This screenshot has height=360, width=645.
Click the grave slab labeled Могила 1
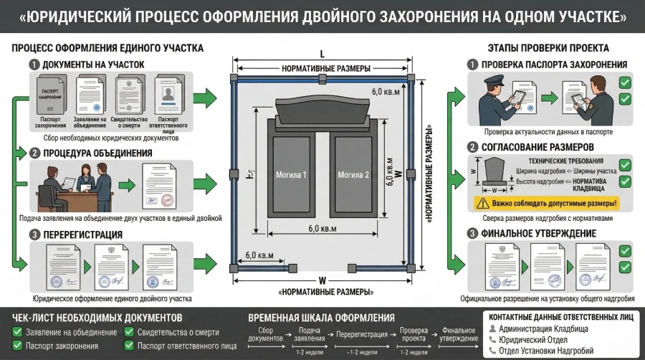pos(292,174)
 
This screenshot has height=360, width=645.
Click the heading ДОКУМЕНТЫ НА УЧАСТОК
pos(93,65)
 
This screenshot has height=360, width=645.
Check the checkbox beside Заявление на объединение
pos(17,332)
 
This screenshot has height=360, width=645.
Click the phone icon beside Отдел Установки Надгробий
pos(492,351)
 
